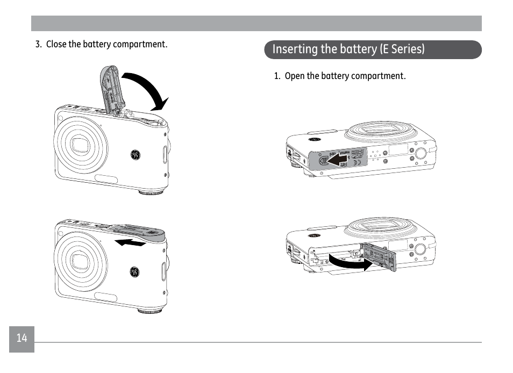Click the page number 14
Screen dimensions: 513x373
(x=22, y=338)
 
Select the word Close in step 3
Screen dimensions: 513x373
(x=56, y=44)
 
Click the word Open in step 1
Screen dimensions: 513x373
(x=295, y=76)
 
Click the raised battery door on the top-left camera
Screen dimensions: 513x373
(x=112, y=88)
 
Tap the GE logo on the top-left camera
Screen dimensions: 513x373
(x=136, y=155)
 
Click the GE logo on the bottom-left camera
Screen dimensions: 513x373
(x=134, y=272)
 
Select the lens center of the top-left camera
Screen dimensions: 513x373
(x=80, y=145)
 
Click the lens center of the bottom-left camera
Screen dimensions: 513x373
(x=80, y=261)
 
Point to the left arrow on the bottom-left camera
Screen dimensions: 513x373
(x=131, y=242)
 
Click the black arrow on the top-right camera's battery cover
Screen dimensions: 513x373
(x=337, y=160)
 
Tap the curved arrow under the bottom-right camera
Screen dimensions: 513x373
(x=350, y=262)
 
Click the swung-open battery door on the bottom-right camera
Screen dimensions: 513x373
(x=379, y=256)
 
